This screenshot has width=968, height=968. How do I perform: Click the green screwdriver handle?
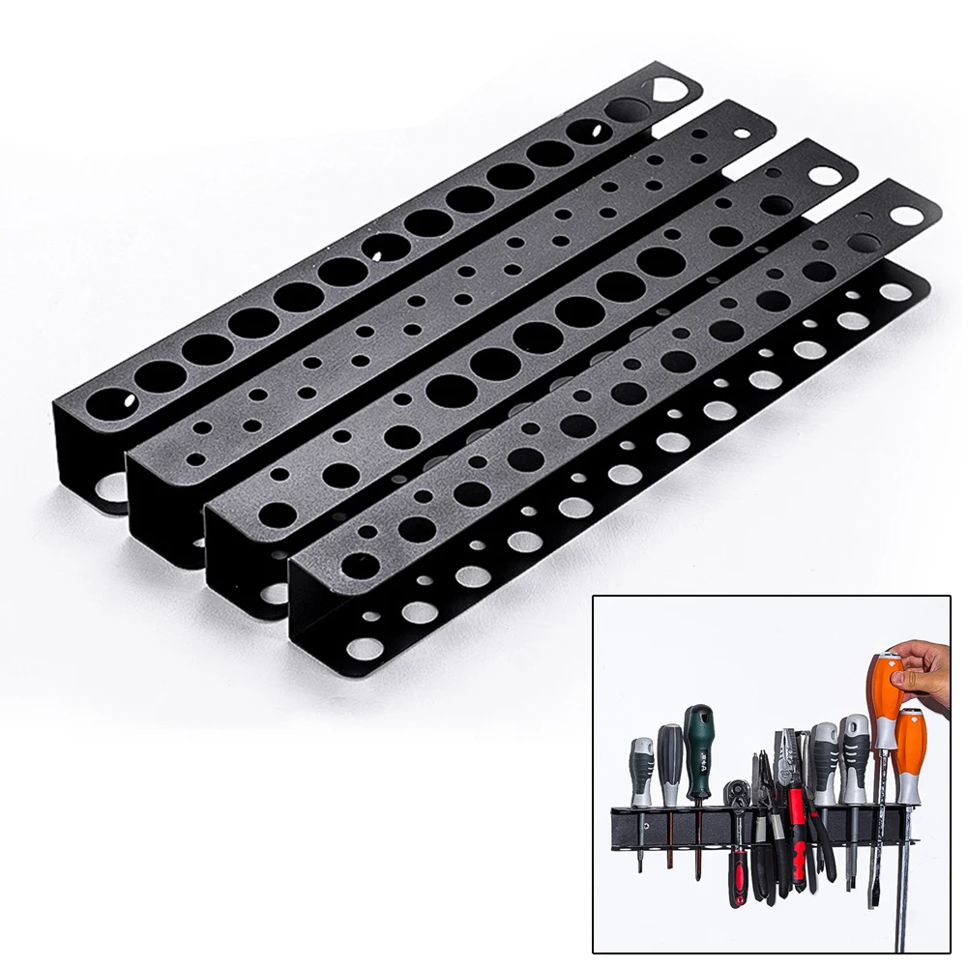[698, 734]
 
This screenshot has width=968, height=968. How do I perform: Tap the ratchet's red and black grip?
[740, 870]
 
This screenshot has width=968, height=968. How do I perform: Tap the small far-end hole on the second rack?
[743, 134]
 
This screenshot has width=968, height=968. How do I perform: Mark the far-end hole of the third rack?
[823, 176]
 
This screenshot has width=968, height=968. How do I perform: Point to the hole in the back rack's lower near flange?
[112, 485]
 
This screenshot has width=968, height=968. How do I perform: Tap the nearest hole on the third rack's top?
[278, 514]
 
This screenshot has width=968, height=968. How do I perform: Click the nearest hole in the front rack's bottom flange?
[364, 648]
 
